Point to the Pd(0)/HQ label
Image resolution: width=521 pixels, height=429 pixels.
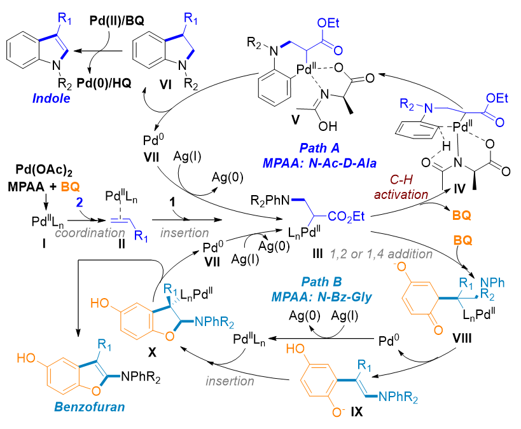tap(114, 84)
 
